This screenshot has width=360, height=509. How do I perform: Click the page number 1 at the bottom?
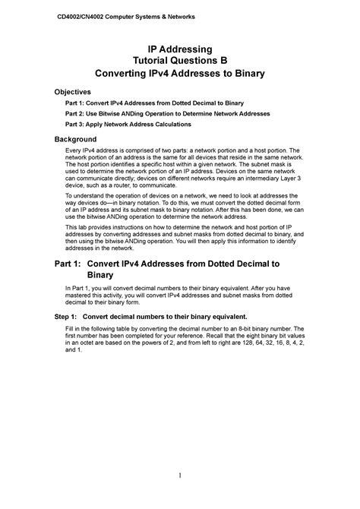pos(179,476)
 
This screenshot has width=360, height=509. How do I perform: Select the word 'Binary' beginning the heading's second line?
pos(101,275)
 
